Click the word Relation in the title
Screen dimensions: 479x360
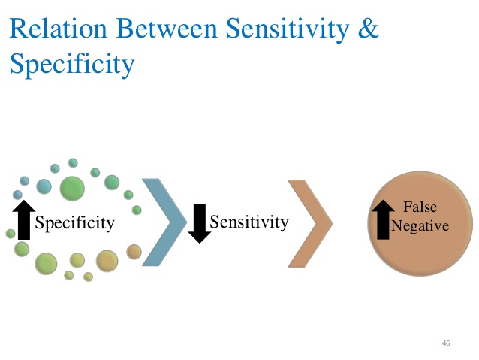coord(59,28)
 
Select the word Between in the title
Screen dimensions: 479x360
coord(167,28)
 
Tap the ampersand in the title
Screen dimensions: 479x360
coord(369,28)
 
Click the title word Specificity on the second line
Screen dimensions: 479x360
coord(72,64)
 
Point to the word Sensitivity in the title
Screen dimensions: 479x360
coord(288,29)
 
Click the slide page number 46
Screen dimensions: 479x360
coord(446,343)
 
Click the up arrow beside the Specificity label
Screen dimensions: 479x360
coord(24,220)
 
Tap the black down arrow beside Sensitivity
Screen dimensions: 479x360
coord(200,223)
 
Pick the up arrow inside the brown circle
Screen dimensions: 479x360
coord(383,219)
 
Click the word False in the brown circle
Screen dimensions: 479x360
coord(420,207)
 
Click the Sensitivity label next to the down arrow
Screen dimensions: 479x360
coord(249,222)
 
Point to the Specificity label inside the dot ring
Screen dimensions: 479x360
coord(74,223)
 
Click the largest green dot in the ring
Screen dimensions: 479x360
coord(72,189)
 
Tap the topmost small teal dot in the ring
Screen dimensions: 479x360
coord(73,163)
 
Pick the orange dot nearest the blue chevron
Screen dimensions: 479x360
coord(134,252)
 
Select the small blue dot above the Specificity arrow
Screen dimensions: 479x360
coord(17,195)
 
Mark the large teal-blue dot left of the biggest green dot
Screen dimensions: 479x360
coord(44,186)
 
